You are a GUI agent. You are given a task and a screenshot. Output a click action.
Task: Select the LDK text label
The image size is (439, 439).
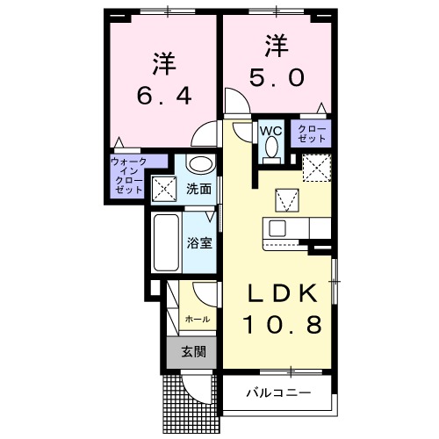[x=279, y=292]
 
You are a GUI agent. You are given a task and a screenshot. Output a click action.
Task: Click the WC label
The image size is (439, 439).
[x=270, y=131]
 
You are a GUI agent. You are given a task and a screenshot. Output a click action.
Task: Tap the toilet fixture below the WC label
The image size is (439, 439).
[x=270, y=151]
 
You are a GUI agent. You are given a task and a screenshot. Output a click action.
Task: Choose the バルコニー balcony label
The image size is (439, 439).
[x=277, y=392]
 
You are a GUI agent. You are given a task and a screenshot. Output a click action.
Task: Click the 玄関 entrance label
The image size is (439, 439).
[x=193, y=352]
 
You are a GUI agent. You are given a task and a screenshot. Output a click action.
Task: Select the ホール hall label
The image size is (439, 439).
[x=198, y=320]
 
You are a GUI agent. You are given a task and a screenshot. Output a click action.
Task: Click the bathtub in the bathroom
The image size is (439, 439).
[x=165, y=242]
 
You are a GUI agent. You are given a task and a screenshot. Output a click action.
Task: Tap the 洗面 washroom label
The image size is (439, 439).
[x=198, y=188]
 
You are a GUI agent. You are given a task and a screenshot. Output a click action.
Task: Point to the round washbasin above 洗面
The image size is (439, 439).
[x=200, y=164]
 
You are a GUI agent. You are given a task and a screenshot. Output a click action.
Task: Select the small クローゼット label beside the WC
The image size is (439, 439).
[x=313, y=133]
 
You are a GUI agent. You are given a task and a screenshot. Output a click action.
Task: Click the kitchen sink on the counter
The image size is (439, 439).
[x=278, y=228]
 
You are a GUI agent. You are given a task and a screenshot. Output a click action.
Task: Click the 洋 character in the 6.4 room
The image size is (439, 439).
[x=162, y=63]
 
